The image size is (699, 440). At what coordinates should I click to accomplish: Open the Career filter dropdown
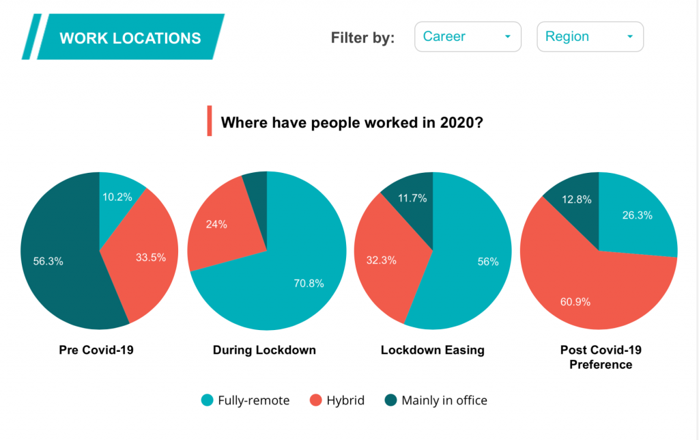click(468, 37)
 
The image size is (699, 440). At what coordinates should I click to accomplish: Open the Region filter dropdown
click(590, 37)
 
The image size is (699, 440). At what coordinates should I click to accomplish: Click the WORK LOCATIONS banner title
click(130, 38)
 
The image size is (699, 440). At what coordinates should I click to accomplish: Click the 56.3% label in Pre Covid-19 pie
click(48, 260)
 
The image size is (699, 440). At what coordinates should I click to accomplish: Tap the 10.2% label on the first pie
click(117, 197)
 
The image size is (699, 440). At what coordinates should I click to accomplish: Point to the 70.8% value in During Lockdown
click(309, 283)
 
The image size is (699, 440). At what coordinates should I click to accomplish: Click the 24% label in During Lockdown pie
click(217, 223)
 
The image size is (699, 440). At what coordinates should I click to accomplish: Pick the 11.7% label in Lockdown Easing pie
click(412, 198)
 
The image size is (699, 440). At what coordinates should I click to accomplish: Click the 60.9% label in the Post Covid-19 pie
click(575, 301)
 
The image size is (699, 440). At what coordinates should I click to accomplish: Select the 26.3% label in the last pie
click(638, 215)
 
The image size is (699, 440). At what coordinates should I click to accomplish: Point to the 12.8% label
click(573, 200)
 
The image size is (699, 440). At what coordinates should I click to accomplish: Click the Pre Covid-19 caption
click(96, 350)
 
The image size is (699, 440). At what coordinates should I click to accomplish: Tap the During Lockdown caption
click(264, 350)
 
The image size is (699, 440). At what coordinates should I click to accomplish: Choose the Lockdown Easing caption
click(432, 350)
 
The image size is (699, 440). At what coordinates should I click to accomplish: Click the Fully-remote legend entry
click(246, 400)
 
